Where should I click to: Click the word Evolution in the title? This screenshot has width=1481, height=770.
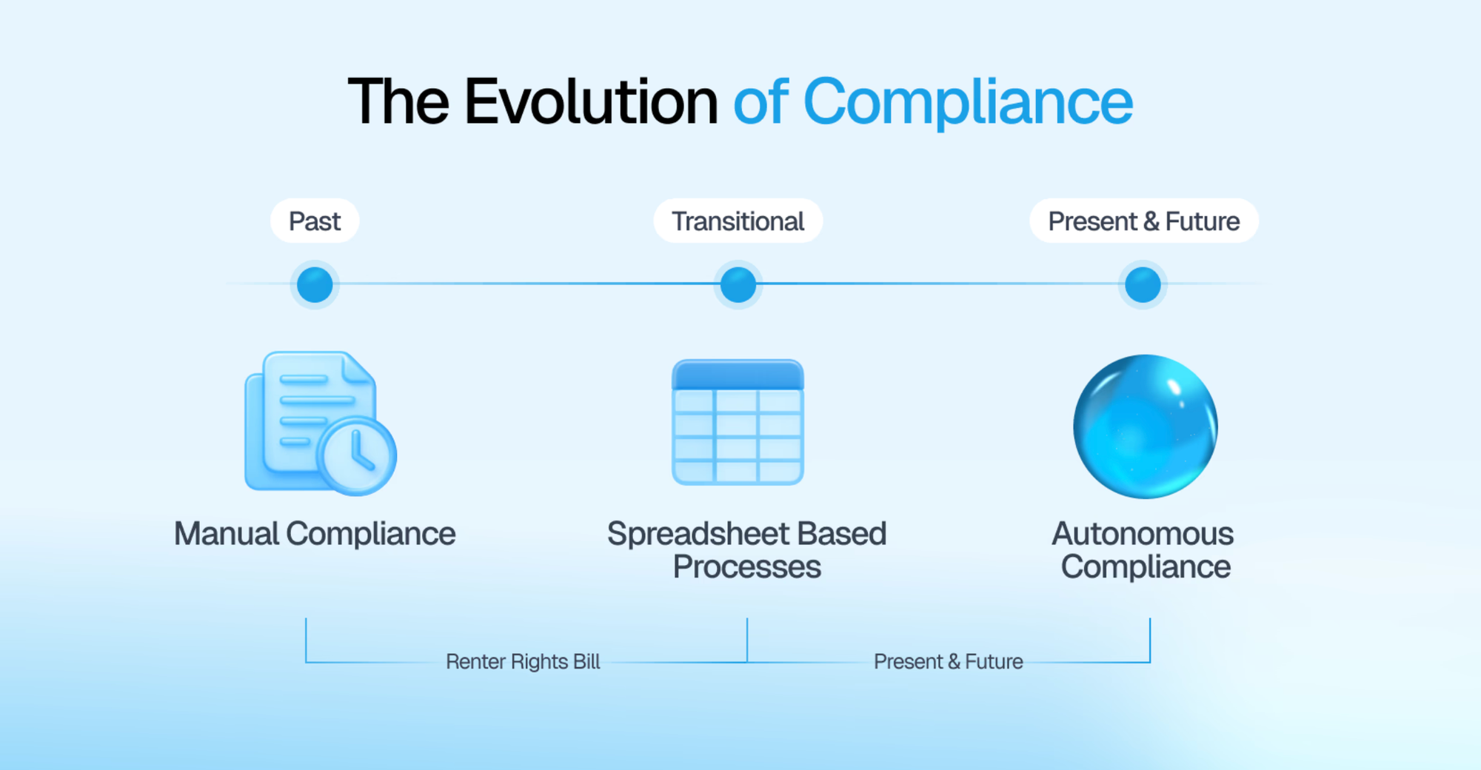pos(591,101)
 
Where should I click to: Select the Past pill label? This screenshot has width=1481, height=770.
pos(315,221)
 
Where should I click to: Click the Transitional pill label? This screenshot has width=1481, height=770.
pos(738,221)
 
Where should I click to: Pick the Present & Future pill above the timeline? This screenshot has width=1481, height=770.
pos(1143,221)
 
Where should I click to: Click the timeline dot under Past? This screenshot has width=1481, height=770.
pos(315,285)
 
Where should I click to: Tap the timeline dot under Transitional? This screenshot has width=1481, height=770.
pos(738,285)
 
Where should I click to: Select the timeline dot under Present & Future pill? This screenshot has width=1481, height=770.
pos(1143,285)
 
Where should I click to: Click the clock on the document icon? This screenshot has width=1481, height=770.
pos(358,455)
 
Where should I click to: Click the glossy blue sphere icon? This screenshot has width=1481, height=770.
pos(1145,426)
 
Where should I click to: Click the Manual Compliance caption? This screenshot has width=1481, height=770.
pos(315,534)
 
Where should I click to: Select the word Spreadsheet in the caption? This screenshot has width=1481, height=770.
pos(698,534)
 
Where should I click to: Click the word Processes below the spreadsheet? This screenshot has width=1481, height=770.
pos(746,567)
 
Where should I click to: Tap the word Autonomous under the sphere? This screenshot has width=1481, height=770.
pos(1143,534)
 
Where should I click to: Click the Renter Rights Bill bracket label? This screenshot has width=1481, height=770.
pos(523,661)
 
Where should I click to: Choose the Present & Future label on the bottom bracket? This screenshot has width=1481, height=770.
pos(948,661)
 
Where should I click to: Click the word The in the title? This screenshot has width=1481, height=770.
pos(398,101)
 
